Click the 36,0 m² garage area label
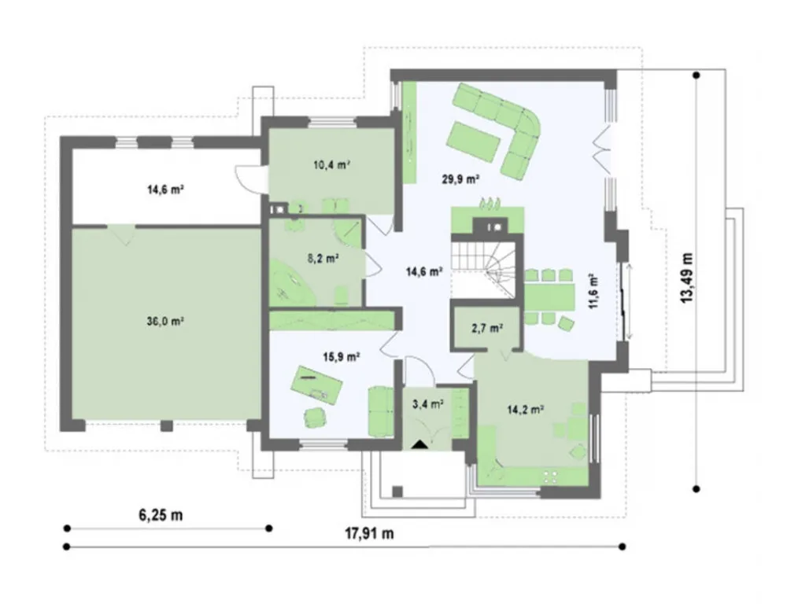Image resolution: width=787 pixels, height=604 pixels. [x=165, y=322]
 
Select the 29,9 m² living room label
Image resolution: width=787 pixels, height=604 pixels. [x=460, y=179]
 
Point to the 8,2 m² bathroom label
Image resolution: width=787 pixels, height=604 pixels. [x=322, y=259]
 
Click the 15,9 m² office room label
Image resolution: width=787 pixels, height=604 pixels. [x=342, y=357]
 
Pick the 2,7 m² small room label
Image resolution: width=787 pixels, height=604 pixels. [x=487, y=329]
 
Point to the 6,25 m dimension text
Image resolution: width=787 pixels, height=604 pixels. [x=160, y=514]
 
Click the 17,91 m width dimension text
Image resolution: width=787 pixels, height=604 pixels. [x=369, y=533]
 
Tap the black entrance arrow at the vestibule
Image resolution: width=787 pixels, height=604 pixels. [x=420, y=444]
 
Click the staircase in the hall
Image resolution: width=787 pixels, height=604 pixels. [x=483, y=269]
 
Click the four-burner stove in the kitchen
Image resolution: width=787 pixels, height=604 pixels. [x=551, y=477]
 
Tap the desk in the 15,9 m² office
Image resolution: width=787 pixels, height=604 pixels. [x=317, y=385]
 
